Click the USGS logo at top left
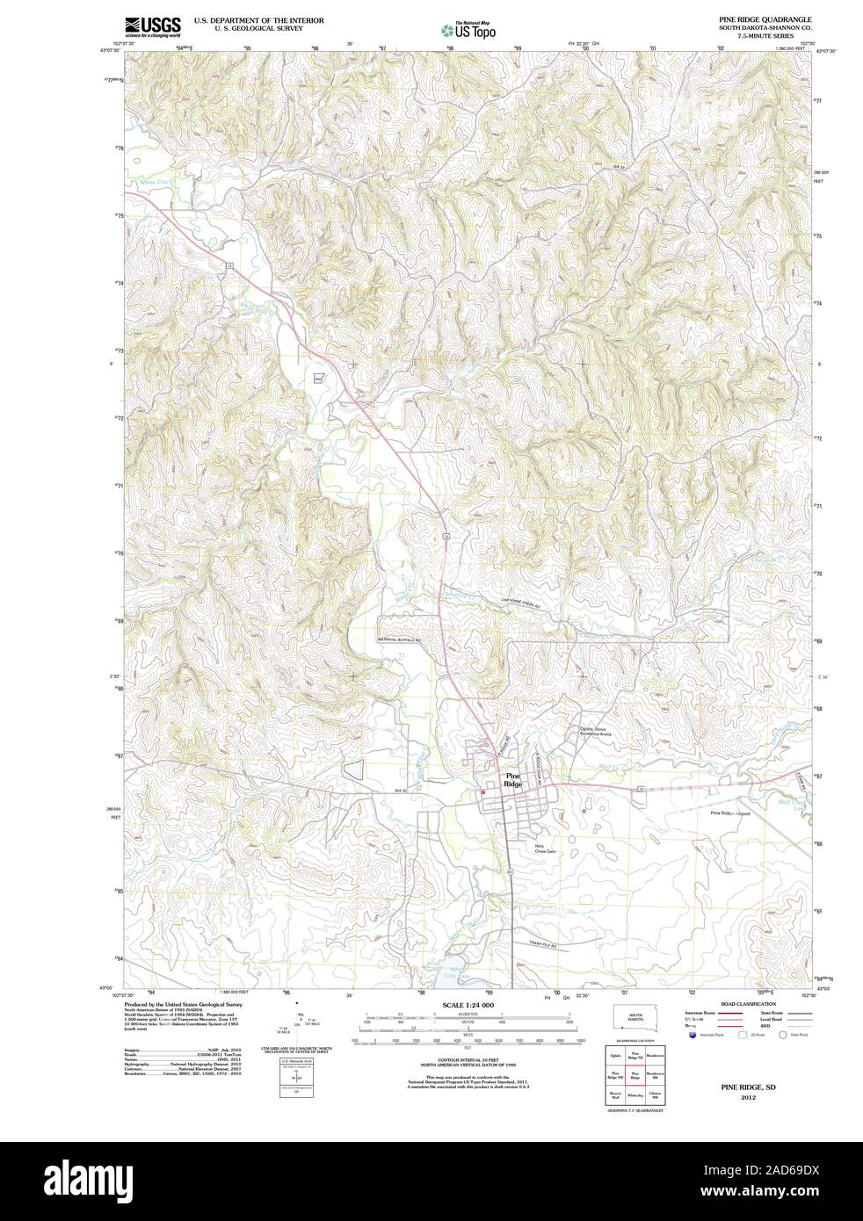(153, 25)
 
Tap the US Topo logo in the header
(468, 29)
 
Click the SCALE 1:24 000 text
(468, 1004)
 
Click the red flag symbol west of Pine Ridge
(482, 793)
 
